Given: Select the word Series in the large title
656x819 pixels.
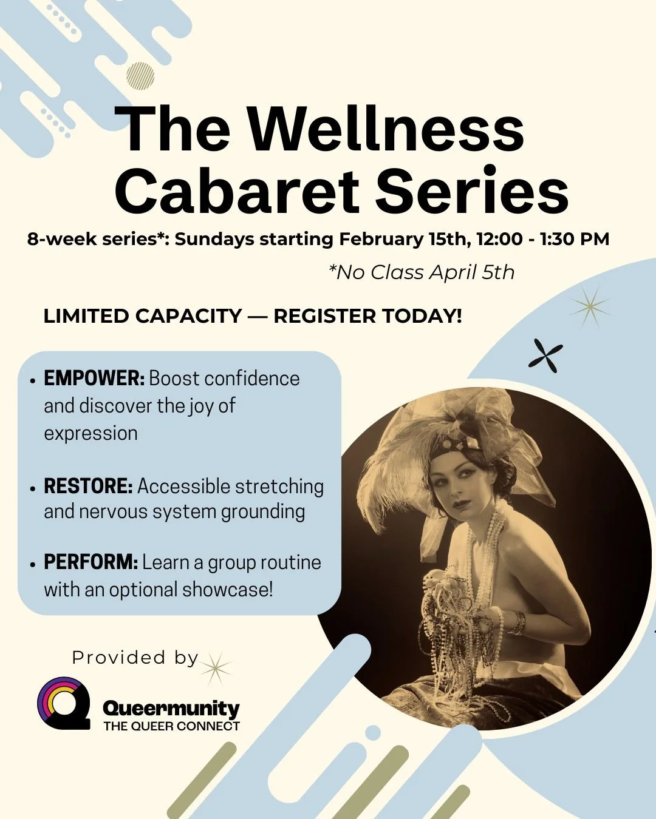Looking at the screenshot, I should [x=472, y=191].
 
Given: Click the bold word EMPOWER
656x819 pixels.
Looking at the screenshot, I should [x=94, y=379].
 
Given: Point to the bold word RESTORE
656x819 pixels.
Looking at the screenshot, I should [x=88, y=486].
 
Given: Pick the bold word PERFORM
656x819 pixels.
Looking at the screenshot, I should [x=91, y=562].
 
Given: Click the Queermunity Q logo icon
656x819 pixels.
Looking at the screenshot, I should [x=62, y=703].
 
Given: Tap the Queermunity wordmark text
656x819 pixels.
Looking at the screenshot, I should [x=171, y=708].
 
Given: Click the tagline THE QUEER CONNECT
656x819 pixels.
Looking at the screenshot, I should [x=171, y=726].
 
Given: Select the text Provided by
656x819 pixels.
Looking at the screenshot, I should [x=135, y=658].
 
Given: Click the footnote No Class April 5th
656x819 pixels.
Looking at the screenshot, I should [x=422, y=272].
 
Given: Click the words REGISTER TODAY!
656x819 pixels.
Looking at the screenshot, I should [x=367, y=316].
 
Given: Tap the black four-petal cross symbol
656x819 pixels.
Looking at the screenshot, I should [x=545, y=355].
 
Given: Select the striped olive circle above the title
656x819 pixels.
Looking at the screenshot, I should [x=140, y=76].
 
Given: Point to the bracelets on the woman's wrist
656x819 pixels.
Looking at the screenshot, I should [x=517, y=623].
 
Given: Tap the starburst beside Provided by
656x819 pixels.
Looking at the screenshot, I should [x=216, y=668].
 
